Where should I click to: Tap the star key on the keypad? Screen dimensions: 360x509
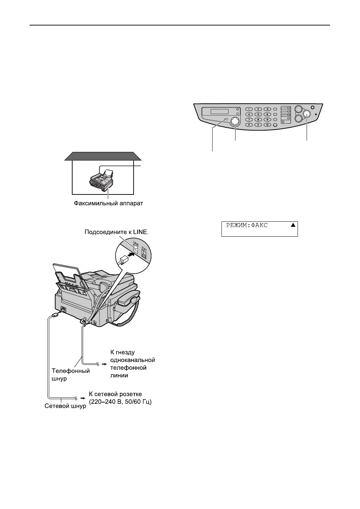click(249, 125)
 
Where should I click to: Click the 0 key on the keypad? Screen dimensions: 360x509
click(258, 125)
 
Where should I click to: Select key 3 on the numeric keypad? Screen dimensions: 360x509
click(267, 109)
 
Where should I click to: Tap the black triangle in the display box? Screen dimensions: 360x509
click(293, 226)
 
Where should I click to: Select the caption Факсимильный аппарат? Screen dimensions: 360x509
click(108, 203)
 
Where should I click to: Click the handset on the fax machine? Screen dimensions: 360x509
click(129, 299)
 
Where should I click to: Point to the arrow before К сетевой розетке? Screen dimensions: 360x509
click(82, 398)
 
